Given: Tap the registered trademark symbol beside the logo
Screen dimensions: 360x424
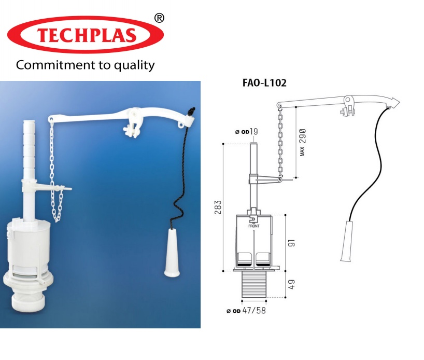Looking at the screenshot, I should pos(160,18).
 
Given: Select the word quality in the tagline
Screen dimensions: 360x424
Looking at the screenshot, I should pos(135,66).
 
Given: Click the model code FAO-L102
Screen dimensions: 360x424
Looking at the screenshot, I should pos(264,82).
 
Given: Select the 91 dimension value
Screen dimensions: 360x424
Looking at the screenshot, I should pos(291,242).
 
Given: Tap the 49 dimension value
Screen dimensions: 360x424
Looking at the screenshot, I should pos(291,284).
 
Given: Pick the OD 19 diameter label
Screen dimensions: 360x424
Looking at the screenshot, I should pos(247,132).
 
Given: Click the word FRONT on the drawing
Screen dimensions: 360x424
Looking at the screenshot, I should pos(254,226).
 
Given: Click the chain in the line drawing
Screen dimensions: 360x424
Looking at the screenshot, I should pos(280,140).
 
